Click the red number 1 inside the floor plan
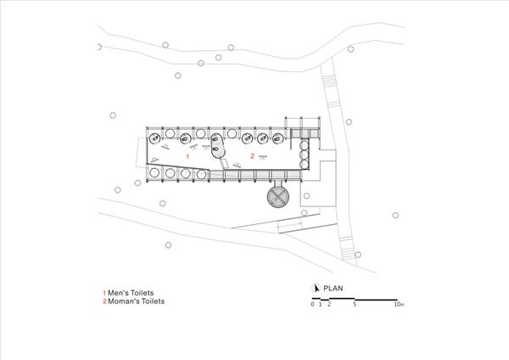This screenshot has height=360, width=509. pos(187,157)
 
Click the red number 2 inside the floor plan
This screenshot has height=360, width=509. pos(252,156)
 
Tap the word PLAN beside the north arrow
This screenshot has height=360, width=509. pos(333,288)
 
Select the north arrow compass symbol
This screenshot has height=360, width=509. pos(316,288)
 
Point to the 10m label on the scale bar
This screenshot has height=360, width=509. pos(399,305)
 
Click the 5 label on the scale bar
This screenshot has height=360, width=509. pos(355,305)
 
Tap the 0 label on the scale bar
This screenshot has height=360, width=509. pos(312,305)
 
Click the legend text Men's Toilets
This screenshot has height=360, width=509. pos(131,293)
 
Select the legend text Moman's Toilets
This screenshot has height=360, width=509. pos(137,301)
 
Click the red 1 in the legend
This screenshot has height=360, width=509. pos(104,293)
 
